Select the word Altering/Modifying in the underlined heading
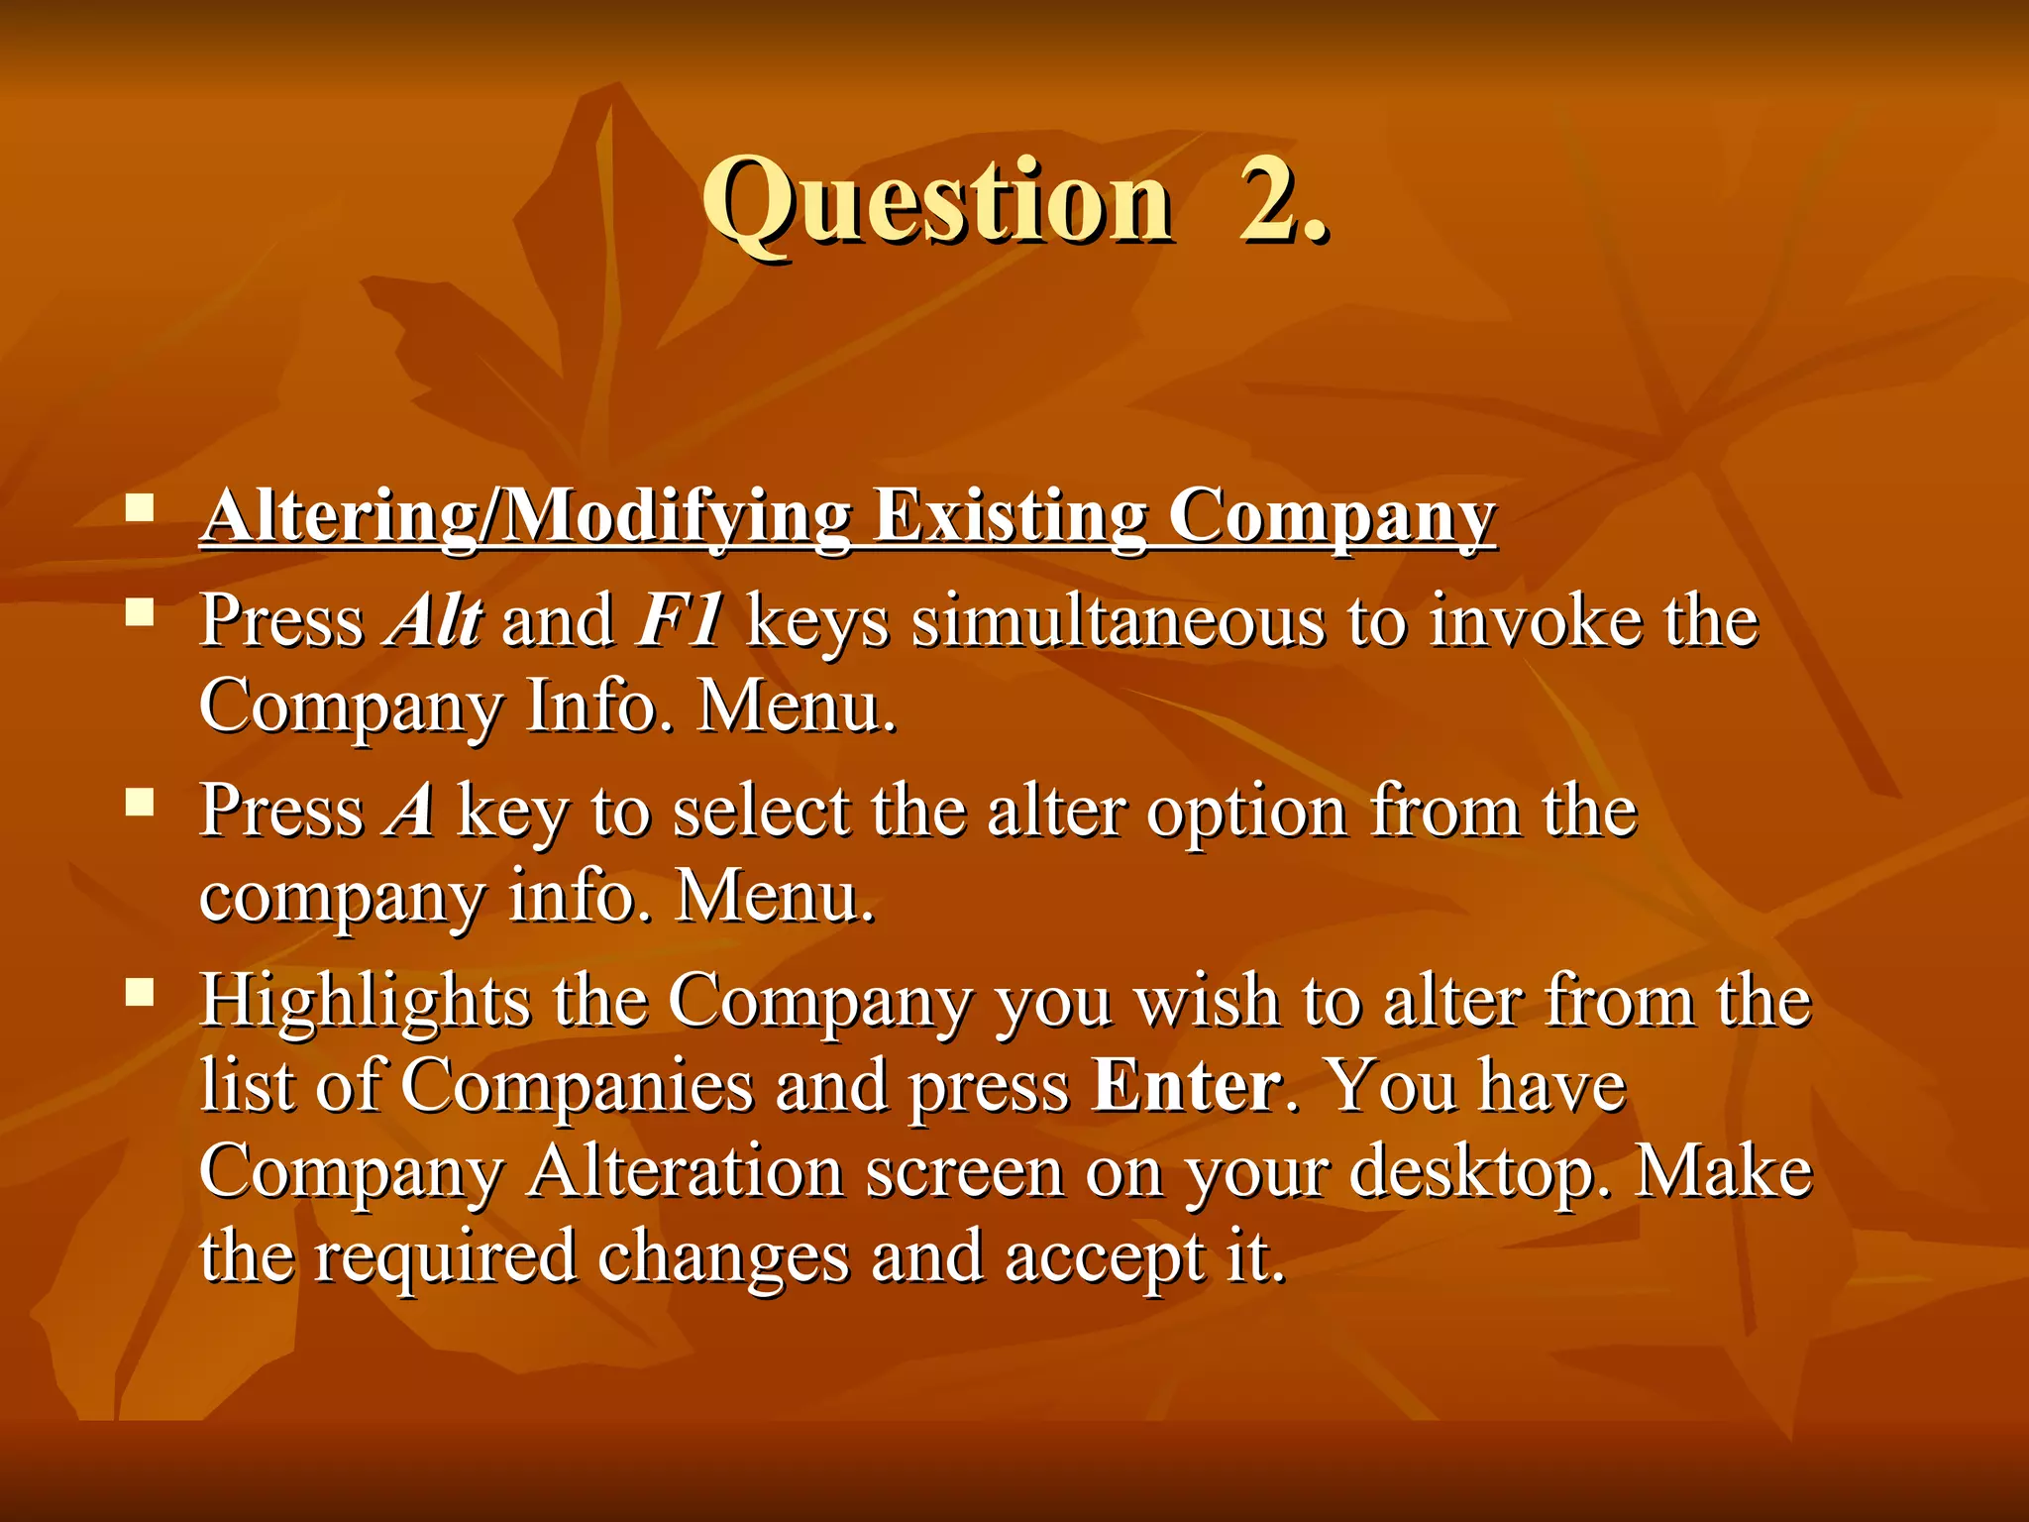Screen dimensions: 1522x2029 525,517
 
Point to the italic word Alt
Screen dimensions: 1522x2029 433,620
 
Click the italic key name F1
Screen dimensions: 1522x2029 680,620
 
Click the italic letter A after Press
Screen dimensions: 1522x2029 410,811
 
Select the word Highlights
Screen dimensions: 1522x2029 365,1001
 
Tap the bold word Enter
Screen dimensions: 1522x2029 1187,1086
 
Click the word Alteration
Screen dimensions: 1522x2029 686,1171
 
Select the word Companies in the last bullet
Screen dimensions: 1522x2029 577,1086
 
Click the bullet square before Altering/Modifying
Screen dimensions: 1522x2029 140,509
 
